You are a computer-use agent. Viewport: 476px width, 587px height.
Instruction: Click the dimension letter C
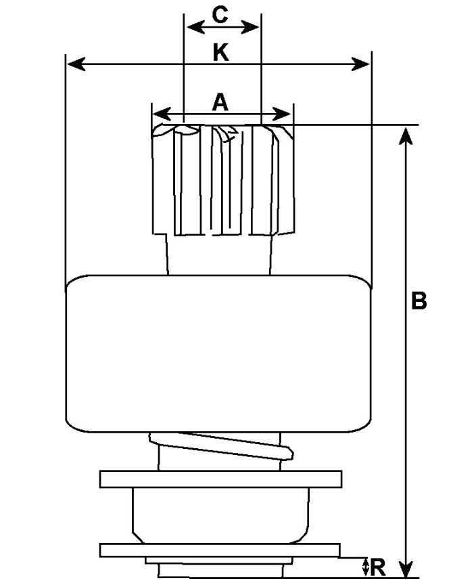[x=220, y=14]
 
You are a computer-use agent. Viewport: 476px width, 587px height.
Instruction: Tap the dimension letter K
[x=220, y=52]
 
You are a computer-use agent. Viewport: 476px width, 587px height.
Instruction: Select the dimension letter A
[x=220, y=102]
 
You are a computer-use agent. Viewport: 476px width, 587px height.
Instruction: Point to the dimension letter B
[x=419, y=301]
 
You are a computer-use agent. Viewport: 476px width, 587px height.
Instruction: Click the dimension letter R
[x=379, y=567]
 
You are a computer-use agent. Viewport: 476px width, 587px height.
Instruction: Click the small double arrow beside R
[x=366, y=567]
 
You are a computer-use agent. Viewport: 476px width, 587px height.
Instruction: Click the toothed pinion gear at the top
[x=223, y=179]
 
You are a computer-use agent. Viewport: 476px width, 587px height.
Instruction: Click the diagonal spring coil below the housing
[x=223, y=448]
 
